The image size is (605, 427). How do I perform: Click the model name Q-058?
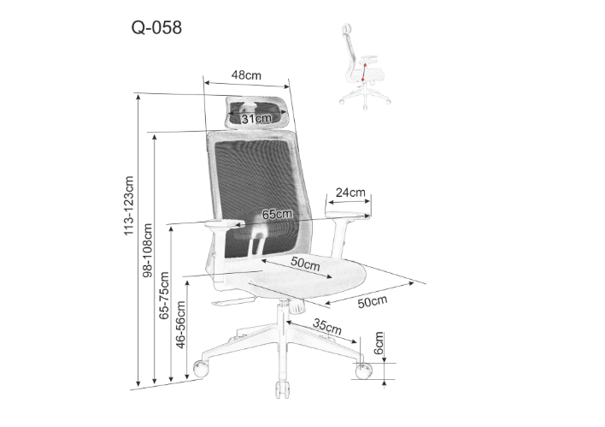pos(156,27)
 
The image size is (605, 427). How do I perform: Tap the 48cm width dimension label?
pos(246,75)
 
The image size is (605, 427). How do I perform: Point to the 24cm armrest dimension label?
pos(350,192)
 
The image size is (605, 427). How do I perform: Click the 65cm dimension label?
pos(277,214)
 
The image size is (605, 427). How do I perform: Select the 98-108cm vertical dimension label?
pos(147,252)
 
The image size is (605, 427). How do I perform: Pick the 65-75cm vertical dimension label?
pos(164,295)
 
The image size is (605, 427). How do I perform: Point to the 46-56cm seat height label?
pos(180,323)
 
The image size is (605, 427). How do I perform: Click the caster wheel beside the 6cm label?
pos(363,371)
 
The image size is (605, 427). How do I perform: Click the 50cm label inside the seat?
pos(304,264)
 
